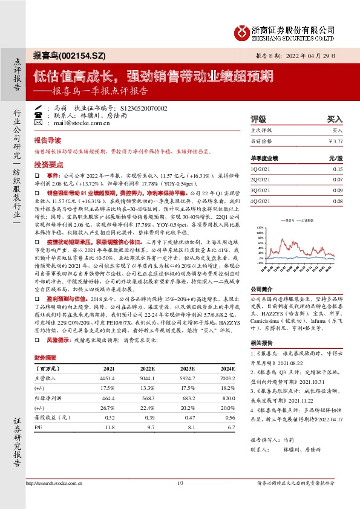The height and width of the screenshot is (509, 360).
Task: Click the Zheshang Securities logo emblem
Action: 242,32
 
